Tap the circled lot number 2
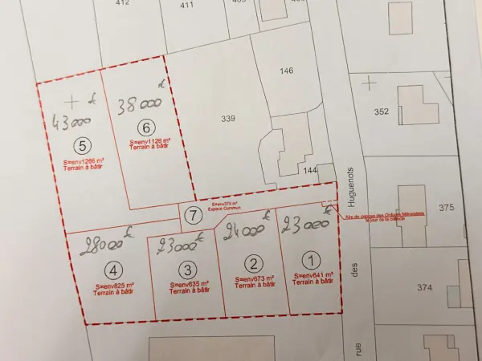click(x=254, y=263)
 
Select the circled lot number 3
click(x=187, y=270)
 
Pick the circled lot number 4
click(x=116, y=270)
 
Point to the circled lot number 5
click(x=80, y=145)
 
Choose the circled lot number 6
click(x=145, y=127)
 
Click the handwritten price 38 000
click(x=139, y=103)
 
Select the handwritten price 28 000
click(x=102, y=242)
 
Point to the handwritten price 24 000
click(x=246, y=233)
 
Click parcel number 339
click(x=229, y=119)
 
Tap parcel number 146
click(x=287, y=71)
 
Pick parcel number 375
click(x=447, y=207)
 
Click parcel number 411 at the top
click(x=186, y=5)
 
